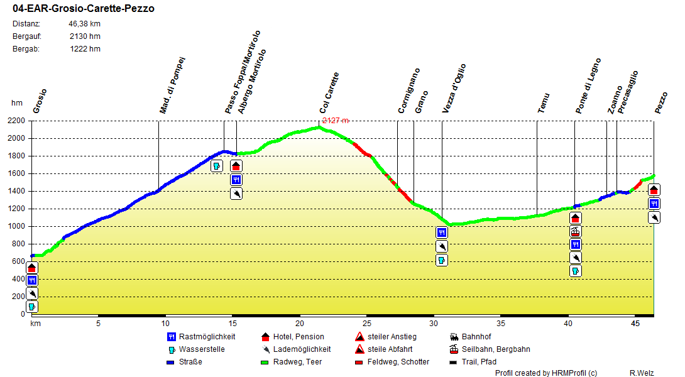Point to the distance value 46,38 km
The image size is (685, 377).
[x=84, y=24]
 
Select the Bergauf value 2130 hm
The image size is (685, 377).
[x=85, y=36]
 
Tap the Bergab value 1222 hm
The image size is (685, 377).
[x=85, y=49]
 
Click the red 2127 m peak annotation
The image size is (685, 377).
[x=335, y=121]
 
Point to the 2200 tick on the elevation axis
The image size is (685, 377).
[x=16, y=121]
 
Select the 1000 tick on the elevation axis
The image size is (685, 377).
[x=16, y=226]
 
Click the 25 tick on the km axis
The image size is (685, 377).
[x=367, y=324]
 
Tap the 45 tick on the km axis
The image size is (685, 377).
[x=635, y=324]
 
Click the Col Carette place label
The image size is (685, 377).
[x=330, y=93]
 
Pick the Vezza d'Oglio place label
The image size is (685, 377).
[x=454, y=88]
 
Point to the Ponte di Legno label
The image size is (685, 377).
[x=589, y=85]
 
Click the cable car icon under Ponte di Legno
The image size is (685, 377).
[x=575, y=231]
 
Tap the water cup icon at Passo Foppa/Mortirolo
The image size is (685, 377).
[x=216, y=166]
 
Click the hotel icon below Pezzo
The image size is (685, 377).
[x=654, y=190]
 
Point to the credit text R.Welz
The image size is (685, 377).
[x=642, y=373]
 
